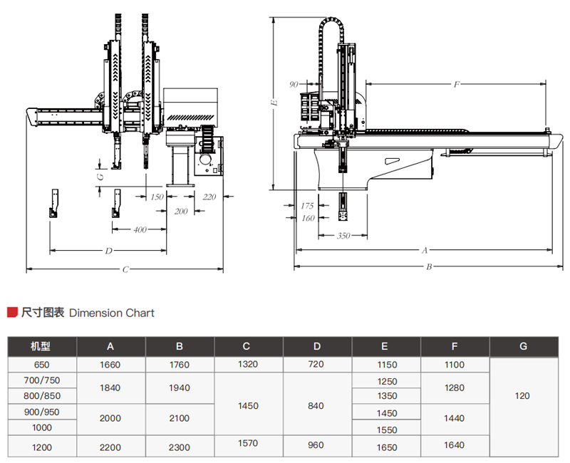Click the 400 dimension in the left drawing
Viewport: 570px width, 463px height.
point(140,229)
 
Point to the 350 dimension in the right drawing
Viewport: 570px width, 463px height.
point(343,236)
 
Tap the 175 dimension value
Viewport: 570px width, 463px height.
point(308,206)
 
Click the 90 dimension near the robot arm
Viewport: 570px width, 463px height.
point(294,84)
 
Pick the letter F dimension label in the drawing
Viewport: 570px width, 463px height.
point(457,84)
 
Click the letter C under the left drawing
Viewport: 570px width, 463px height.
point(125,270)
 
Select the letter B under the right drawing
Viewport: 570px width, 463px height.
point(430,267)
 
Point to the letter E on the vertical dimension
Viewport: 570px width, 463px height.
point(274,103)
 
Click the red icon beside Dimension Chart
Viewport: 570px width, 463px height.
point(12,312)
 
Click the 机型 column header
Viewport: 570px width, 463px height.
point(41,347)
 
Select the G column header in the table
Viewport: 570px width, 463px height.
point(523,347)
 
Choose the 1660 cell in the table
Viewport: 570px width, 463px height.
point(110,365)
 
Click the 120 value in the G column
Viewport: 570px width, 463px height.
point(522,396)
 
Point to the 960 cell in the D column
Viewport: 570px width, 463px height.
point(316,445)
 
